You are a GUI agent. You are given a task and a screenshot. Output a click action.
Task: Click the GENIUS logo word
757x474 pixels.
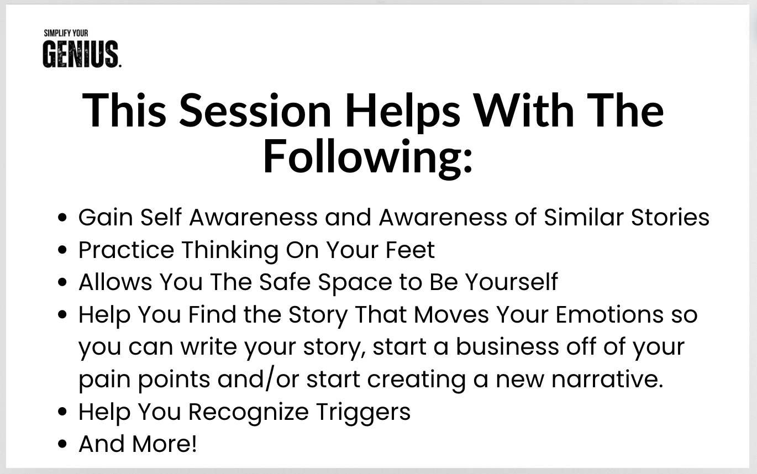pyautogui.click(x=81, y=54)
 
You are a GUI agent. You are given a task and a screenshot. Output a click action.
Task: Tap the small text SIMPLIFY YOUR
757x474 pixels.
pyautogui.click(x=66, y=33)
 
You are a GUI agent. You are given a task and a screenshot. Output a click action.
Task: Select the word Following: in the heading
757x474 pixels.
pyautogui.click(x=367, y=157)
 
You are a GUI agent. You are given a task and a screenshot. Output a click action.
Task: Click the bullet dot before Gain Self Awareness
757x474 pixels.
pyautogui.click(x=62, y=218)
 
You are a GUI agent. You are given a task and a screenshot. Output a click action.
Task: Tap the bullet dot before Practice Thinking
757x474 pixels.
pyautogui.click(x=62, y=250)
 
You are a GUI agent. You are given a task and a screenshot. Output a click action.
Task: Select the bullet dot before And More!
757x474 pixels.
pyautogui.click(x=62, y=444)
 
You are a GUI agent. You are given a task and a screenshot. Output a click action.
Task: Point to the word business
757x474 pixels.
pyautogui.click(x=507, y=346)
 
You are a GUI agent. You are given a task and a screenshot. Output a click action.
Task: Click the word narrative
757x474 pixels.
pyautogui.click(x=608, y=380)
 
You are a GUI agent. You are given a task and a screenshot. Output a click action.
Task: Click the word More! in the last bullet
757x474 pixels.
pyautogui.click(x=164, y=444)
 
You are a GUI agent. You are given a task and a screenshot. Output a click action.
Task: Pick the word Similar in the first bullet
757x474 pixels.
pyautogui.click(x=584, y=217)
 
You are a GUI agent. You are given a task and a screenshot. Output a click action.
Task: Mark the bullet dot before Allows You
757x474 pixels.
pyautogui.click(x=62, y=282)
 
